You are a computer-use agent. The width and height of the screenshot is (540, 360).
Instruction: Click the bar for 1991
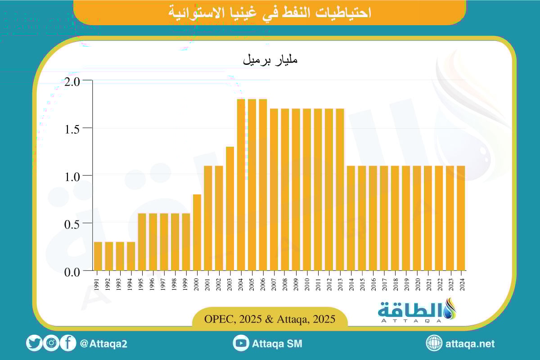pyautogui.click(x=98, y=256)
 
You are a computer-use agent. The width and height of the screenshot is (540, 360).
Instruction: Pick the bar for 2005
pyautogui.click(x=252, y=184)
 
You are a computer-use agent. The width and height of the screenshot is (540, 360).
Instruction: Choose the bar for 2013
pyautogui.click(x=340, y=189)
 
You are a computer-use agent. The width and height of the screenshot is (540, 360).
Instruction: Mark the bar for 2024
pyautogui.click(x=461, y=218)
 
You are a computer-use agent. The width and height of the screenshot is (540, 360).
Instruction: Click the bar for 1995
pyautogui.click(x=142, y=242)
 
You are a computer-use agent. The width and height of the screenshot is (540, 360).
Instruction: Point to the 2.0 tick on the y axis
pyautogui.click(x=72, y=81)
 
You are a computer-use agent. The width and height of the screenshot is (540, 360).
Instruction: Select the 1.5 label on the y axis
pyautogui.click(x=72, y=129)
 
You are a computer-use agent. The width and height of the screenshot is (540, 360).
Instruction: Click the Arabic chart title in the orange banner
pyautogui.click(x=270, y=13)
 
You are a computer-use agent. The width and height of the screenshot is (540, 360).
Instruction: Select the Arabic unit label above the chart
pyautogui.click(x=270, y=60)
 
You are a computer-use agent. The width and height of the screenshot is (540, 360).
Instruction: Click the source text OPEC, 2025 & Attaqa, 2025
pyautogui.click(x=270, y=319)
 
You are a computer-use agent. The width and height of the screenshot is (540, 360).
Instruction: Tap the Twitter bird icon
pyautogui.click(x=34, y=343)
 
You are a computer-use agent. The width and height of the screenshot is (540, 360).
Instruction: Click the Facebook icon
pyautogui.click(x=67, y=343)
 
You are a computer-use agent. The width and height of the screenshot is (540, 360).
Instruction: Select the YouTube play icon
pyautogui.click(x=241, y=343)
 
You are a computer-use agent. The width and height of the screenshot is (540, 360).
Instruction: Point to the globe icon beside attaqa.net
pyautogui.click(x=434, y=343)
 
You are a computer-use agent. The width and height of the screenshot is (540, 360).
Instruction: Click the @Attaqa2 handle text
pyautogui.click(x=103, y=344)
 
